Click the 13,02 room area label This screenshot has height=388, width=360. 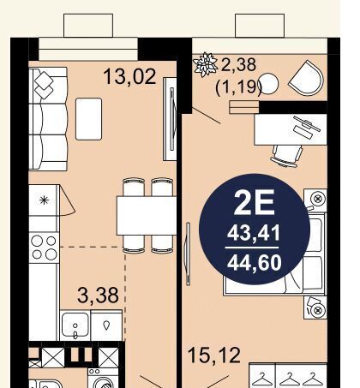point(129,76)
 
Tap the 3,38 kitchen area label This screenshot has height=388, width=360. point(98,295)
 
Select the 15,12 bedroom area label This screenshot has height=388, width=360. point(214,355)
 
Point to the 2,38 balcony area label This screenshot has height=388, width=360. point(238,64)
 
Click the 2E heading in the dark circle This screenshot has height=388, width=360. point(255,202)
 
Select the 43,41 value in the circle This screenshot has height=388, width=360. point(254,233)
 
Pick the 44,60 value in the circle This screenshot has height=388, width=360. point(255,263)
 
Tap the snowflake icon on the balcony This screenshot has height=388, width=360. point(205,65)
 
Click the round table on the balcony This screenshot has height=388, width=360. point(268,84)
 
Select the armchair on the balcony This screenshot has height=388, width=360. point(307,77)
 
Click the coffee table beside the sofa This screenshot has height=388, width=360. point(89,119)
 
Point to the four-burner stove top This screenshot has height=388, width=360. point(44,248)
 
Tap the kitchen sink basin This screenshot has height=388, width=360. point(75,325)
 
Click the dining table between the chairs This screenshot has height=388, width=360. point(147,216)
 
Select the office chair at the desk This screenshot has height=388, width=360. point(287,156)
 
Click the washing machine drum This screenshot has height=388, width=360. point(103,382)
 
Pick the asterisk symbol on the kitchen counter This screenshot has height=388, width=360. point(44,200)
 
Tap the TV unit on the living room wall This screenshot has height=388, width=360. point(170,119)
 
